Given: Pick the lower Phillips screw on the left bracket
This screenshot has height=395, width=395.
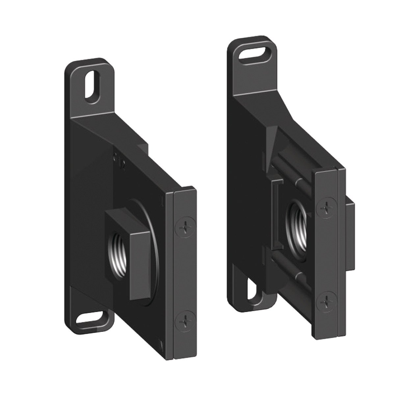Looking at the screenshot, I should coord(185,319).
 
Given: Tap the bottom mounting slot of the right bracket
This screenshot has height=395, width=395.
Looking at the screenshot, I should coord(252,287).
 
